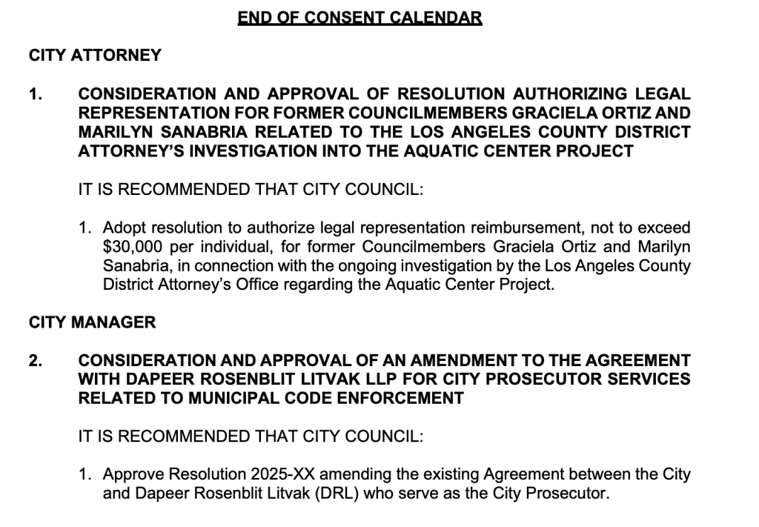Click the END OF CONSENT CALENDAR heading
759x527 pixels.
pos(359,17)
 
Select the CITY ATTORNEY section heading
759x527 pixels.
pos(95,55)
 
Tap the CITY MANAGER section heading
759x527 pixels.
pos(93,322)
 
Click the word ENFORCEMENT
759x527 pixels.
pos(401,399)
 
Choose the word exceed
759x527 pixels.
pos(663,227)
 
